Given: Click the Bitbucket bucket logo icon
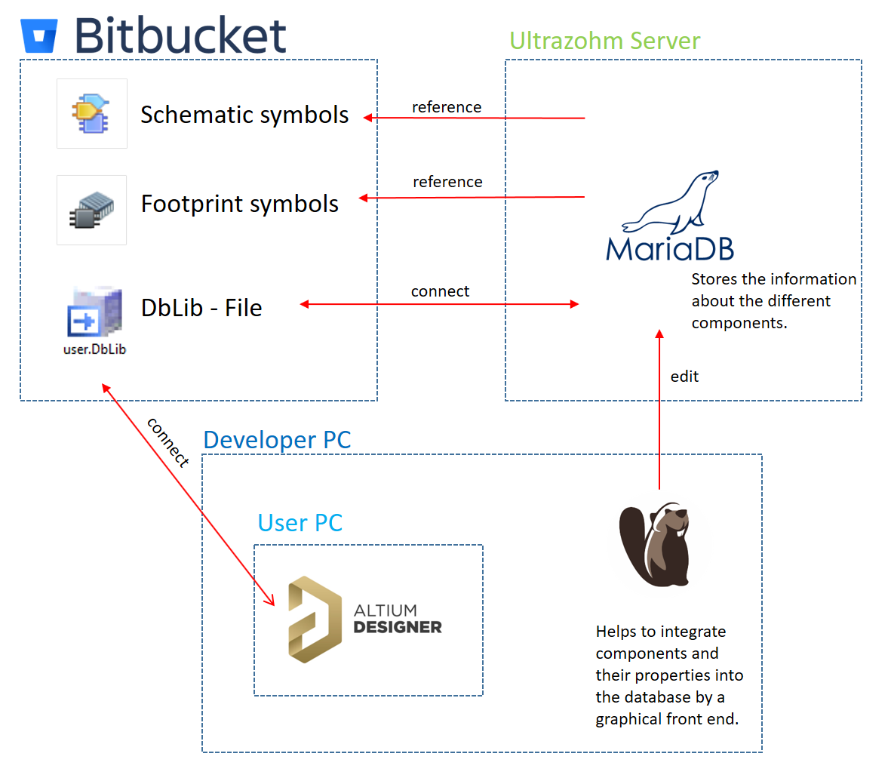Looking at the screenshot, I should (x=39, y=35).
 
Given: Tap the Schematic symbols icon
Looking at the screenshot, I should (x=91, y=113).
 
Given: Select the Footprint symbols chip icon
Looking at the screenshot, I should (x=91, y=210).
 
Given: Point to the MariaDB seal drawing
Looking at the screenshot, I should (x=671, y=203).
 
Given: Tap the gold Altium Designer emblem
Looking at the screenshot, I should (x=312, y=620).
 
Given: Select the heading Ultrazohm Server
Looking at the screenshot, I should (x=604, y=41).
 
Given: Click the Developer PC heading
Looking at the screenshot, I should (x=277, y=440).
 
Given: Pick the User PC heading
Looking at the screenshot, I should (x=300, y=523).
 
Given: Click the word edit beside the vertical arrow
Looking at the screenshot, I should (x=684, y=377).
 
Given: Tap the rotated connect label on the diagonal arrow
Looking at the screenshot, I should (x=167, y=442).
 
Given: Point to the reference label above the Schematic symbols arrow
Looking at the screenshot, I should (x=447, y=107).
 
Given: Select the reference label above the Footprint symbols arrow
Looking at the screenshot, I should (x=447, y=182).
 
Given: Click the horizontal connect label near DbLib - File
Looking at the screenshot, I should (x=440, y=291).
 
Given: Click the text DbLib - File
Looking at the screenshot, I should (x=201, y=308).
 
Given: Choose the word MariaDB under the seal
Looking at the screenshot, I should (x=670, y=249).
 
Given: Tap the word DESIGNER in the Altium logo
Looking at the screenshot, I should (x=398, y=627).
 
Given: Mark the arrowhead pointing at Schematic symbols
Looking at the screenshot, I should (x=367, y=118).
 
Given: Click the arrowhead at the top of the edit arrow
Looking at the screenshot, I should (x=659, y=334).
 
